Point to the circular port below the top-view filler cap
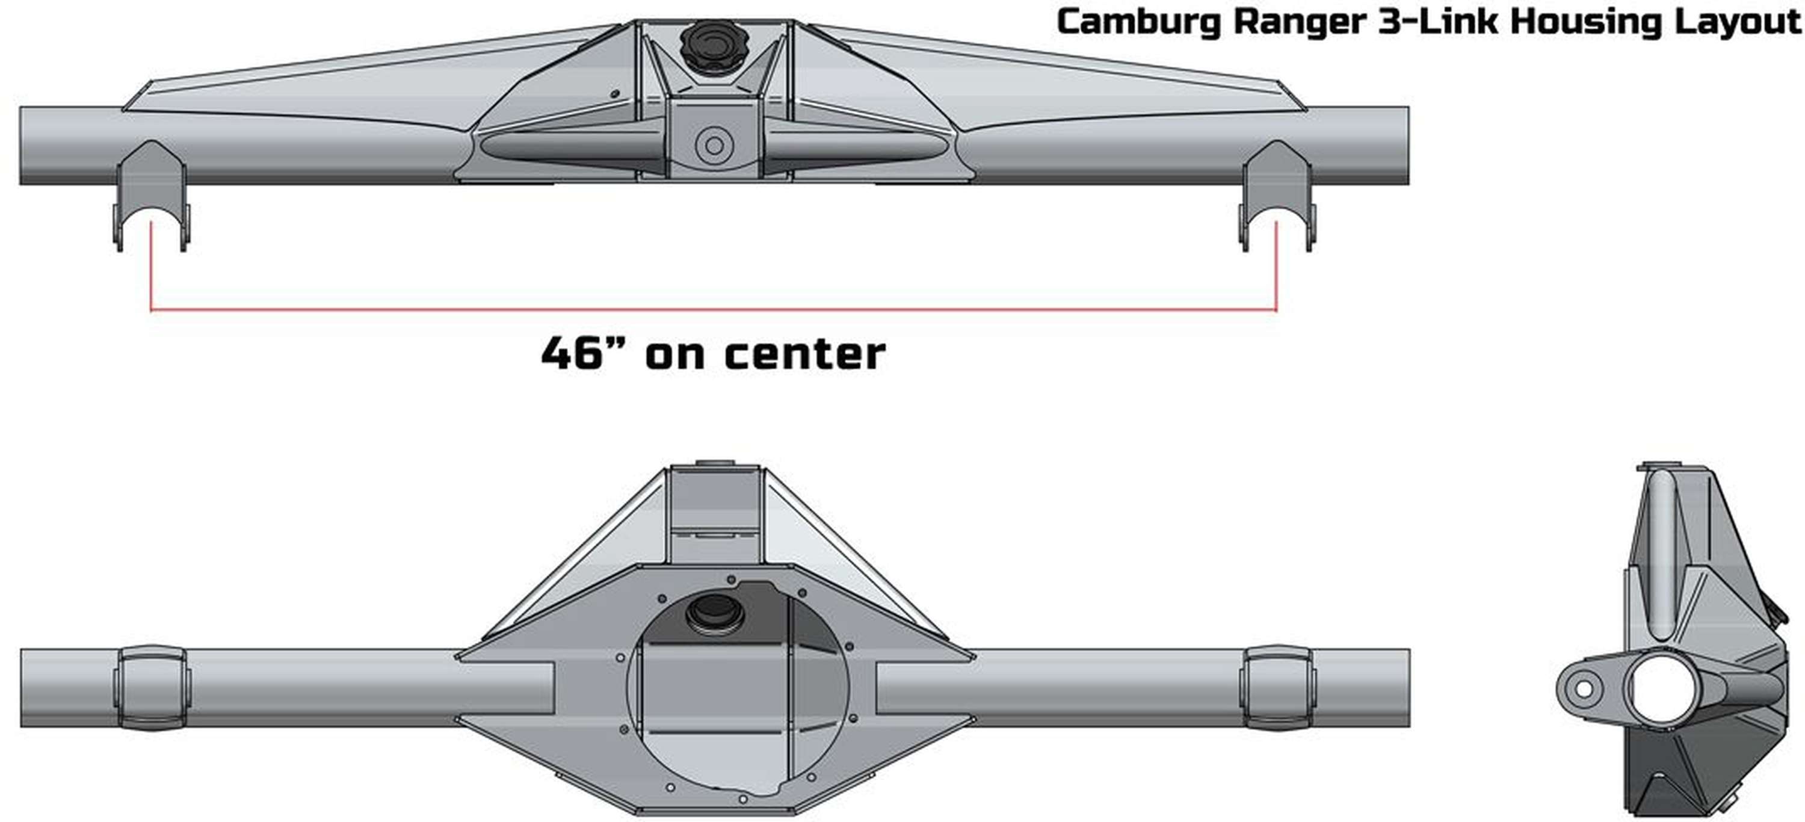pos(714,146)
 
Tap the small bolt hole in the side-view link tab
pos(1584,690)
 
